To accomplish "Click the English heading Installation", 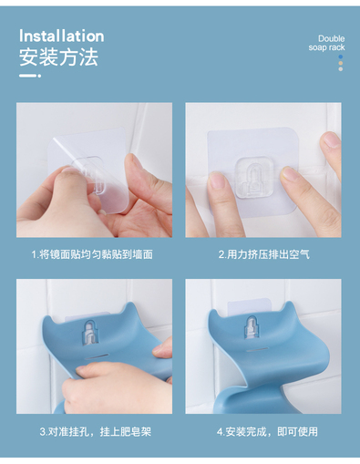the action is point(62,36).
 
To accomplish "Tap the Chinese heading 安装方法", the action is point(58,57).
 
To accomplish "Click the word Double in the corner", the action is point(331,38).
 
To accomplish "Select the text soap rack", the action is point(326,47).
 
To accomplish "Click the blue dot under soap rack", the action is point(341,57).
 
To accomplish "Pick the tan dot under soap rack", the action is point(341,63).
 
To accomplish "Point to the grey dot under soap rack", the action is point(341,69).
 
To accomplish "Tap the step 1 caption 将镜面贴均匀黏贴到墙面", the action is point(96,254).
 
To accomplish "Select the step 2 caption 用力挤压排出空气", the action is point(268,254).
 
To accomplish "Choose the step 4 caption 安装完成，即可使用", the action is point(272,431).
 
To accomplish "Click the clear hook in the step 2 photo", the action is point(253,178).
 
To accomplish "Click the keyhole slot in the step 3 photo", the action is point(90,333).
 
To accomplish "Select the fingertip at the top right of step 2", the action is point(330,139).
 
